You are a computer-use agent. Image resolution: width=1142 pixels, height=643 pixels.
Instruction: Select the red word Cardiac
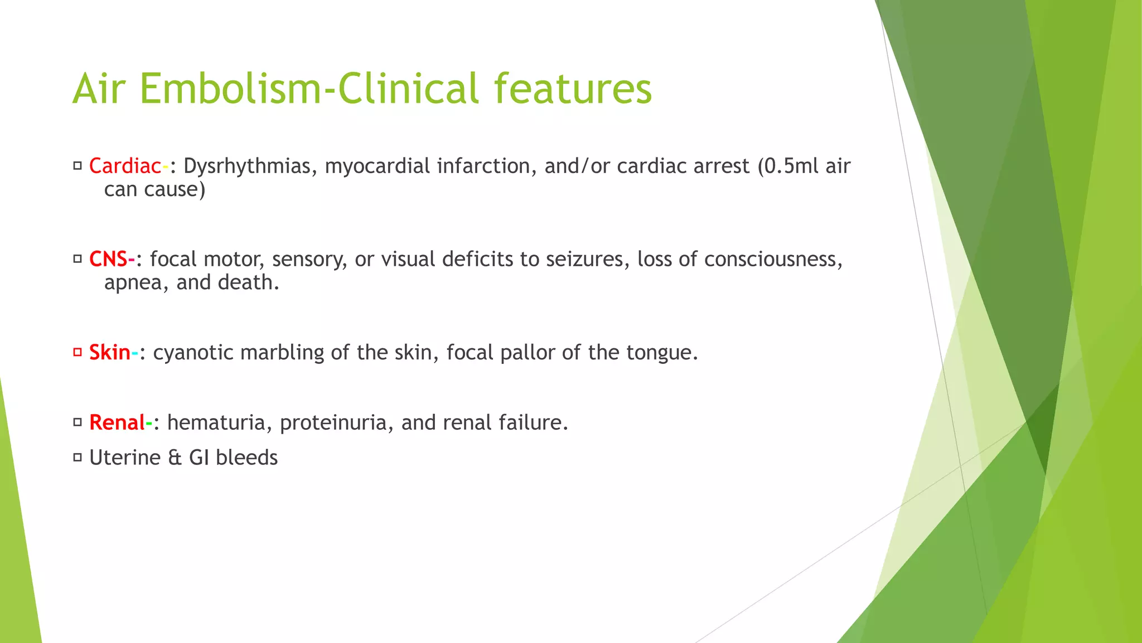pos(125,166)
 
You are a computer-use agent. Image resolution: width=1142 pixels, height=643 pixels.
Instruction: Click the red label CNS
pos(108,260)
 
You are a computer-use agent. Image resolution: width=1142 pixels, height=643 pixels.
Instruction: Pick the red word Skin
pos(109,353)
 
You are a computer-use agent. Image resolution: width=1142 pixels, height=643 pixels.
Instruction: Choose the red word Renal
pos(117,423)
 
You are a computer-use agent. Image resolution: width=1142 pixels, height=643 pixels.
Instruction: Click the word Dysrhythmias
pos(246,166)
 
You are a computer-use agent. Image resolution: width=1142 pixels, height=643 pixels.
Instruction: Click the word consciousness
pos(773,260)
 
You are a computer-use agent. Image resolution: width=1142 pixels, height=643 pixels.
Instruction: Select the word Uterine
pos(125,458)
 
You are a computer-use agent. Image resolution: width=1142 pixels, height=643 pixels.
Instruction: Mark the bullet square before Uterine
pos(78,458)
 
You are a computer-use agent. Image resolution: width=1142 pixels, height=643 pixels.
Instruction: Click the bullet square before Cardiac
pos(78,166)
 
